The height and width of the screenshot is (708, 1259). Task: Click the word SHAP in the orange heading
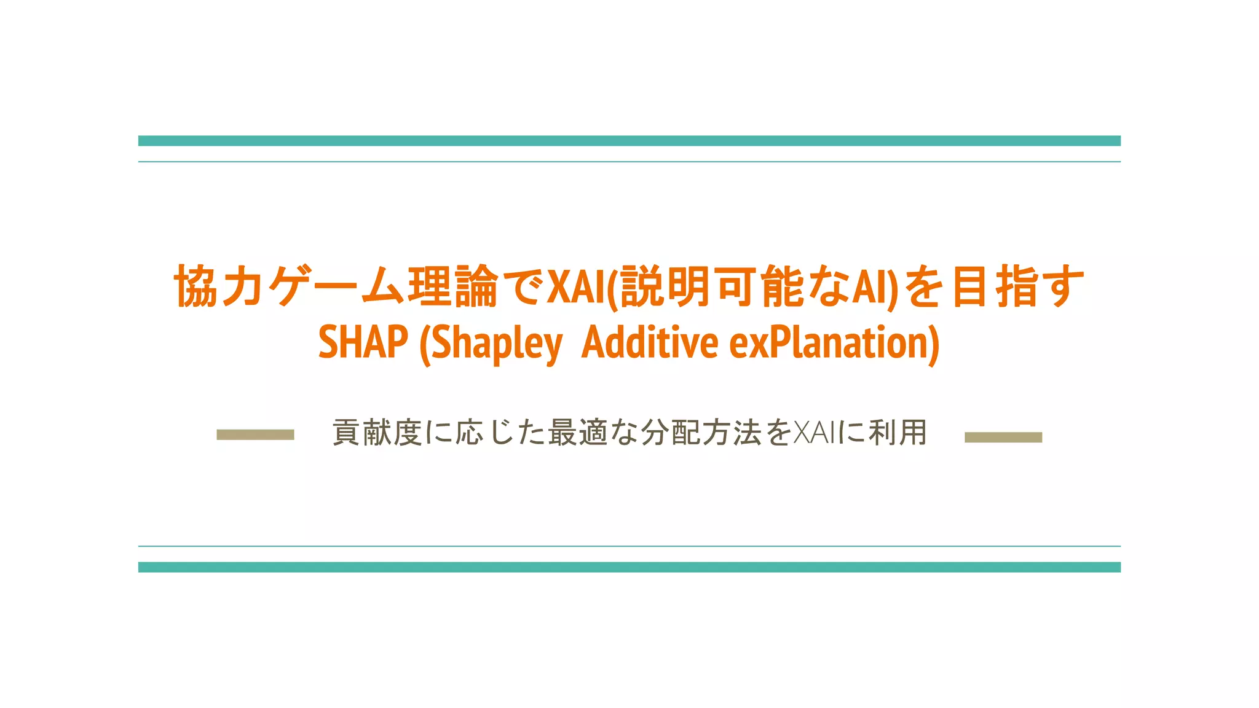[363, 342]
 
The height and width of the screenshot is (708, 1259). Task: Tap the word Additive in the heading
[649, 342]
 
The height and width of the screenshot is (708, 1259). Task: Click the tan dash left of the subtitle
[255, 435]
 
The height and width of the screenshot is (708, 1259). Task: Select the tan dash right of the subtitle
[1003, 437]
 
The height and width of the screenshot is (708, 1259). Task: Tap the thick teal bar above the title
[629, 141]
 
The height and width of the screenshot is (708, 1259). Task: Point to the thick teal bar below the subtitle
[629, 567]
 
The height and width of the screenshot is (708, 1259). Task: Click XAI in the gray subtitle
[815, 433]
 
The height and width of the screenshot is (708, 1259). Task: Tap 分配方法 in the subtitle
[701, 433]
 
